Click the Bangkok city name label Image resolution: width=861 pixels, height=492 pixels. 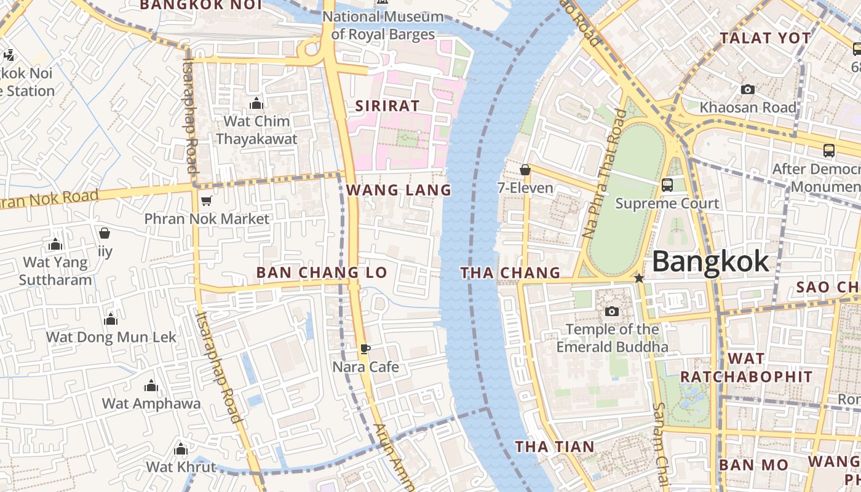click(x=710, y=261)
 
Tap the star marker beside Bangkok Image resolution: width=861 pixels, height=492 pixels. click(x=639, y=279)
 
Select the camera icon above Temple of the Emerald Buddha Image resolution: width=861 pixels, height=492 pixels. click(x=611, y=312)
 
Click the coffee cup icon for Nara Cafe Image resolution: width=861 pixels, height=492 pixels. click(x=365, y=349)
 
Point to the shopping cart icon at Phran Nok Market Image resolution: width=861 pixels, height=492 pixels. click(x=207, y=200)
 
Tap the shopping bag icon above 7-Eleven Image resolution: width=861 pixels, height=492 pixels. click(x=525, y=170)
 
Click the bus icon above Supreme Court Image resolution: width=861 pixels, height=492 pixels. click(x=667, y=185)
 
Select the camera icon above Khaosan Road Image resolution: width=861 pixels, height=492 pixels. click(x=747, y=90)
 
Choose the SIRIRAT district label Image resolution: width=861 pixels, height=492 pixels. click(x=387, y=106)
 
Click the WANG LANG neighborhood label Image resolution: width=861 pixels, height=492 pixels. click(x=399, y=190)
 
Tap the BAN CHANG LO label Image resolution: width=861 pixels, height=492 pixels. click(x=322, y=272)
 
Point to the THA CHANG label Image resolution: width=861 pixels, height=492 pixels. click(x=510, y=272)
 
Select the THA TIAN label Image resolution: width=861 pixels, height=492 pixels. click(x=555, y=446)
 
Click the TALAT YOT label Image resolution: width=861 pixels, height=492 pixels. click(x=766, y=38)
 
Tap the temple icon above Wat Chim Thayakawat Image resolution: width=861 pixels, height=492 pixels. click(x=256, y=103)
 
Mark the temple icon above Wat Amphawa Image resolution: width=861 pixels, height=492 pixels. click(x=151, y=386)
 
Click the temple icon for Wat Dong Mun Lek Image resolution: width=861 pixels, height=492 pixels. click(x=111, y=319)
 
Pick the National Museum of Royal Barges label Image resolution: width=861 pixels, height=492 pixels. click(x=383, y=25)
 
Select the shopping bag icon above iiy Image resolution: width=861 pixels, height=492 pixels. click(x=105, y=234)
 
